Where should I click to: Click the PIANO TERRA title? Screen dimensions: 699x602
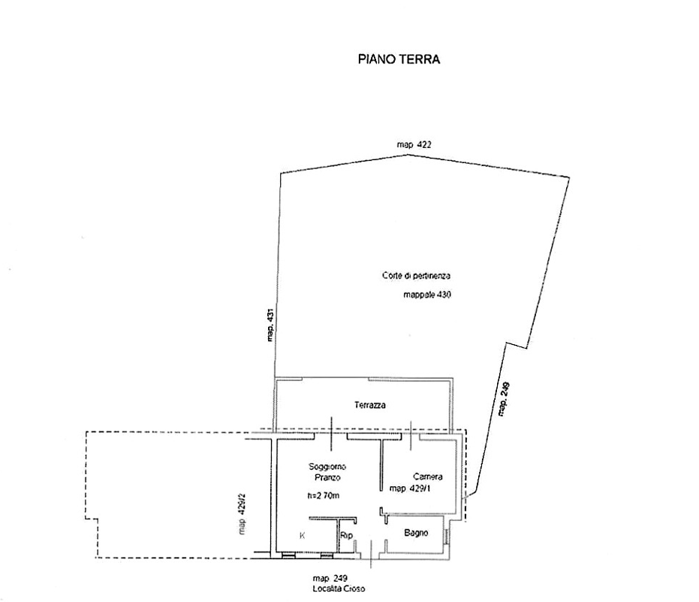[x=399, y=59]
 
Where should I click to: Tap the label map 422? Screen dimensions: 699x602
[x=414, y=144]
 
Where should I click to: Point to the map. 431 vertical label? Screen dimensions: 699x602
[x=270, y=325]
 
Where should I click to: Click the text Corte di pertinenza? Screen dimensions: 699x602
[x=417, y=276]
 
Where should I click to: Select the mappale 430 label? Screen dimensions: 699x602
[x=427, y=295]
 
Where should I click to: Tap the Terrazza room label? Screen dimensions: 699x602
[x=370, y=405]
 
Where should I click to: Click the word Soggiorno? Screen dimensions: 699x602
[x=327, y=467]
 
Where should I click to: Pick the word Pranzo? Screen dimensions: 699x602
[x=327, y=477]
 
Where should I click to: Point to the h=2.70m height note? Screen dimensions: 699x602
[x=324, y=495]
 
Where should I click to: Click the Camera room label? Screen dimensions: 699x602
[x=428, y=476]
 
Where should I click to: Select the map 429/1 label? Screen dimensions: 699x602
[x=410, y=489]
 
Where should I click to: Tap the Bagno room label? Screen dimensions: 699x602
[x=417, y=532]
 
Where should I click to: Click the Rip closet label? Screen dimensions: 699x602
[x=346, y=535]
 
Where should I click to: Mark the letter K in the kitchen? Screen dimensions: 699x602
[x=303, y=536]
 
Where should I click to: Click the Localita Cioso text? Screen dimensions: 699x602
[x=339, y=588]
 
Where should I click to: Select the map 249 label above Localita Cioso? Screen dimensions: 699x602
[x=330, y=579]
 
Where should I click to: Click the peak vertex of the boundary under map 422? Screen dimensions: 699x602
[x=408, y=155]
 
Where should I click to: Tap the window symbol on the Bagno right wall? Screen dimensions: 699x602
[x=445, y=537]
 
